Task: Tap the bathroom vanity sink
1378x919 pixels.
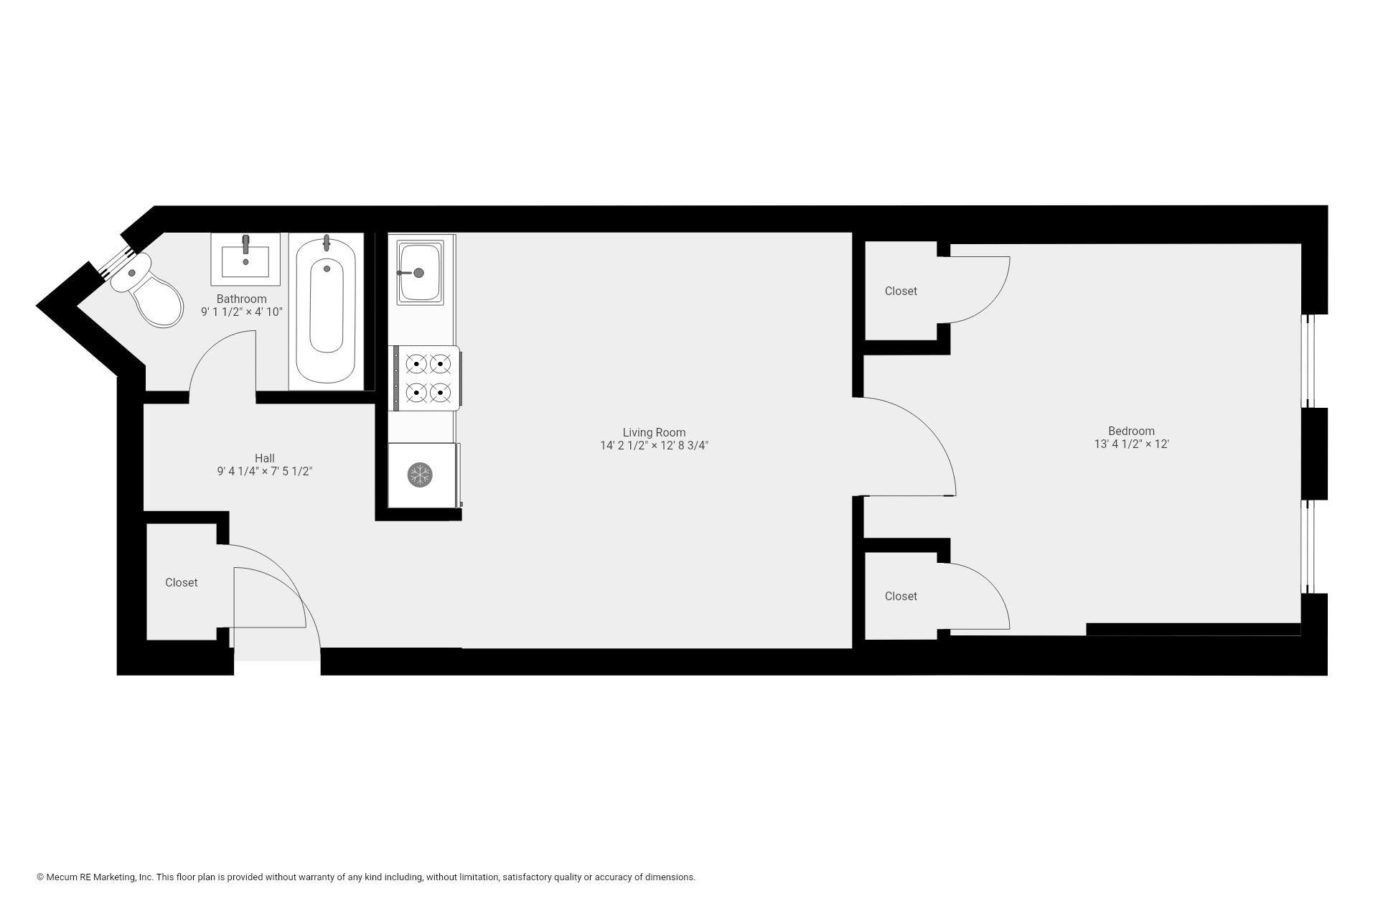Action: (245, 258)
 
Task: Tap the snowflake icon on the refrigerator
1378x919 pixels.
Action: (420, 475)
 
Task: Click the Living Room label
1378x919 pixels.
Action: (654, 432)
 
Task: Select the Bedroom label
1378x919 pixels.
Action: (1131, 431)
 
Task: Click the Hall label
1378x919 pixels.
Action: (265, 458)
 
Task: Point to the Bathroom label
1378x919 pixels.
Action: (242, 299)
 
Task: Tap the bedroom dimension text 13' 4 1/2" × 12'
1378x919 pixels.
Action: (1131, 444)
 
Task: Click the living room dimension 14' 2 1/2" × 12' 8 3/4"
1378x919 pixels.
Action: (654, 446)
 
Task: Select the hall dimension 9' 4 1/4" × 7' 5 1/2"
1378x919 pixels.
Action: (265, 472)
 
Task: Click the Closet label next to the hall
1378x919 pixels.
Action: (182, 582)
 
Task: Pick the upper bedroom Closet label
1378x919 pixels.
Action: (901, 291)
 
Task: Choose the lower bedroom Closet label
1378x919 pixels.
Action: (901, 596)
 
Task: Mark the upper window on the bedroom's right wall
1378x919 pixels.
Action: (1307, 361)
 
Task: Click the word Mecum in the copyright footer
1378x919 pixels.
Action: (60, 877)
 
